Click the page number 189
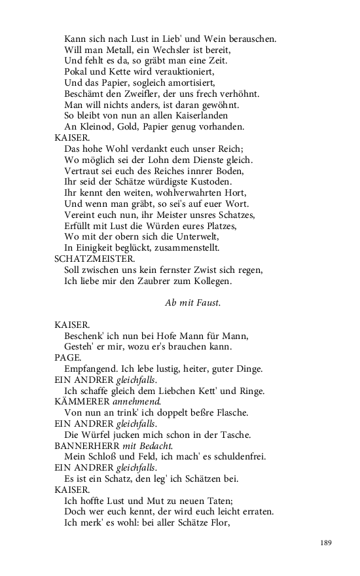tap(327, 543)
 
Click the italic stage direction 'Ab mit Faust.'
tap(192, 302)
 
